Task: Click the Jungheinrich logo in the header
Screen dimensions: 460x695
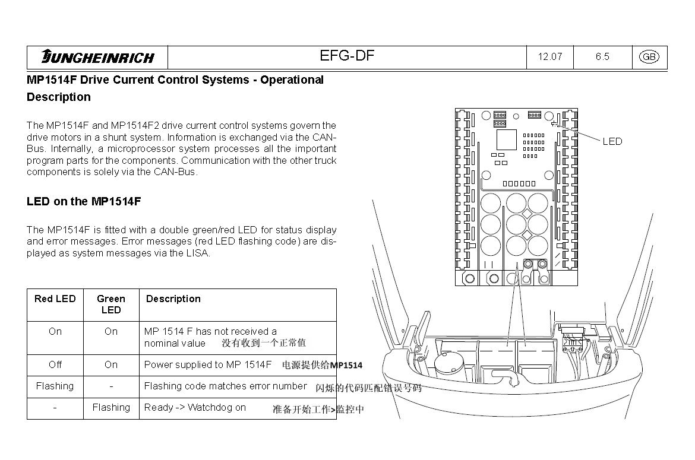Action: coord(97,57)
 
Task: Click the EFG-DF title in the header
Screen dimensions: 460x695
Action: coord(347,56)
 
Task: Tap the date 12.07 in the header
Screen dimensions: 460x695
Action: coord(549,57)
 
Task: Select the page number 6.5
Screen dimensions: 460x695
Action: coord(602,57)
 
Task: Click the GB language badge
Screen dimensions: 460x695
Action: coord(649,57)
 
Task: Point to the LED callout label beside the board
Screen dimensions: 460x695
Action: coord(612,141)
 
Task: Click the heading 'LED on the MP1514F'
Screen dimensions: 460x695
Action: coord(84,201)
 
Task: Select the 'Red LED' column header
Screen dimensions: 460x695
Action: coord(55,299)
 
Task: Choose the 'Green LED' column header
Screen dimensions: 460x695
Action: coord(111,304)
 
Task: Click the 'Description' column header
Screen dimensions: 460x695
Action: coord(173,299)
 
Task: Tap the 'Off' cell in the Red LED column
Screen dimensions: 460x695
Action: coord(55,364)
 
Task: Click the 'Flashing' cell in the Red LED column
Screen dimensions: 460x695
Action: coord(55,386)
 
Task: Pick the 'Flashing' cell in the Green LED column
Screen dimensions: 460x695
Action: coord(111,407)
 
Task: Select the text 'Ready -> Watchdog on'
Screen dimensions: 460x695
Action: coord(195,407)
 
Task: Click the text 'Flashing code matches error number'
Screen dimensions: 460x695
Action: coord(226,386)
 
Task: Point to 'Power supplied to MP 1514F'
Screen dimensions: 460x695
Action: coord(208,364)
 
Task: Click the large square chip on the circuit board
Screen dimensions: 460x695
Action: coord(507,140)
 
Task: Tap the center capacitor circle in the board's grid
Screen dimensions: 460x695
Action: coord(516,224)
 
